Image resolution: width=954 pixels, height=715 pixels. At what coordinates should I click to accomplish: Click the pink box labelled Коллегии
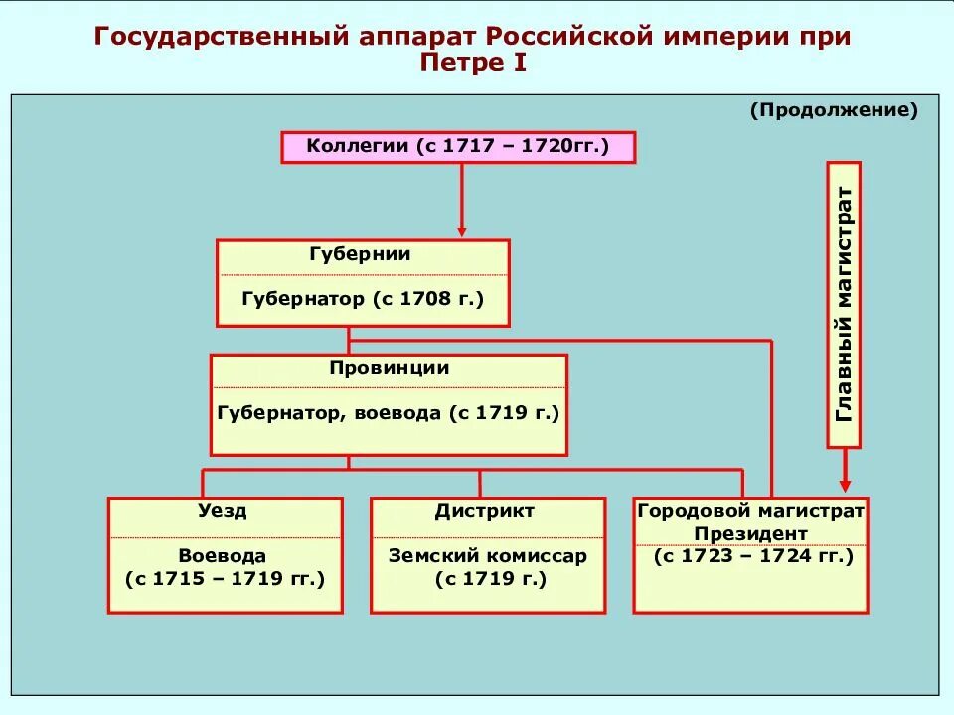[x=458, y=147]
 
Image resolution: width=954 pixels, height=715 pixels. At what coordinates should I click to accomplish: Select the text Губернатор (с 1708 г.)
[x=363, y=298]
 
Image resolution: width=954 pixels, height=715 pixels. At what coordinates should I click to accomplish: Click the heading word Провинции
[x=389, y=368]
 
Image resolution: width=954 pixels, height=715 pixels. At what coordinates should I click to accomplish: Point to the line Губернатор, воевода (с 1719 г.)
[x=389, y=412]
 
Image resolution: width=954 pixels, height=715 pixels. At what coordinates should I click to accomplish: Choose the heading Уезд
[x=225, y=512]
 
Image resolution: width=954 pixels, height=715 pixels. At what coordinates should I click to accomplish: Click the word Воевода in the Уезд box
[x=223, y=556]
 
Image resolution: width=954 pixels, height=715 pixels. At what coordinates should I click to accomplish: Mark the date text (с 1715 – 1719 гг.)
[x=225, y=579]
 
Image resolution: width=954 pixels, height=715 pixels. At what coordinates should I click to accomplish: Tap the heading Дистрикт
[x=485, y=512]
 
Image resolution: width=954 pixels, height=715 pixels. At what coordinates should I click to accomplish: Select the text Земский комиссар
[x=487, y=556]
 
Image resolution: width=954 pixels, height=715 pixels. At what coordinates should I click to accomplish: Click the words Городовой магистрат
[x=750, y=511]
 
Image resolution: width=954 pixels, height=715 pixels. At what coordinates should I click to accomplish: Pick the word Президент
[x=750, y=534]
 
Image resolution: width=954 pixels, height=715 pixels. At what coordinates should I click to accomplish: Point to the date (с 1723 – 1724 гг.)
[x=753, y=557]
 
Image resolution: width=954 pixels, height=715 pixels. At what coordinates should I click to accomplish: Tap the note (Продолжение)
[x=834, y=110]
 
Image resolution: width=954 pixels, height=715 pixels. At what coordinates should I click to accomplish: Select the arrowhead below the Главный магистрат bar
[x=845, y=486]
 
